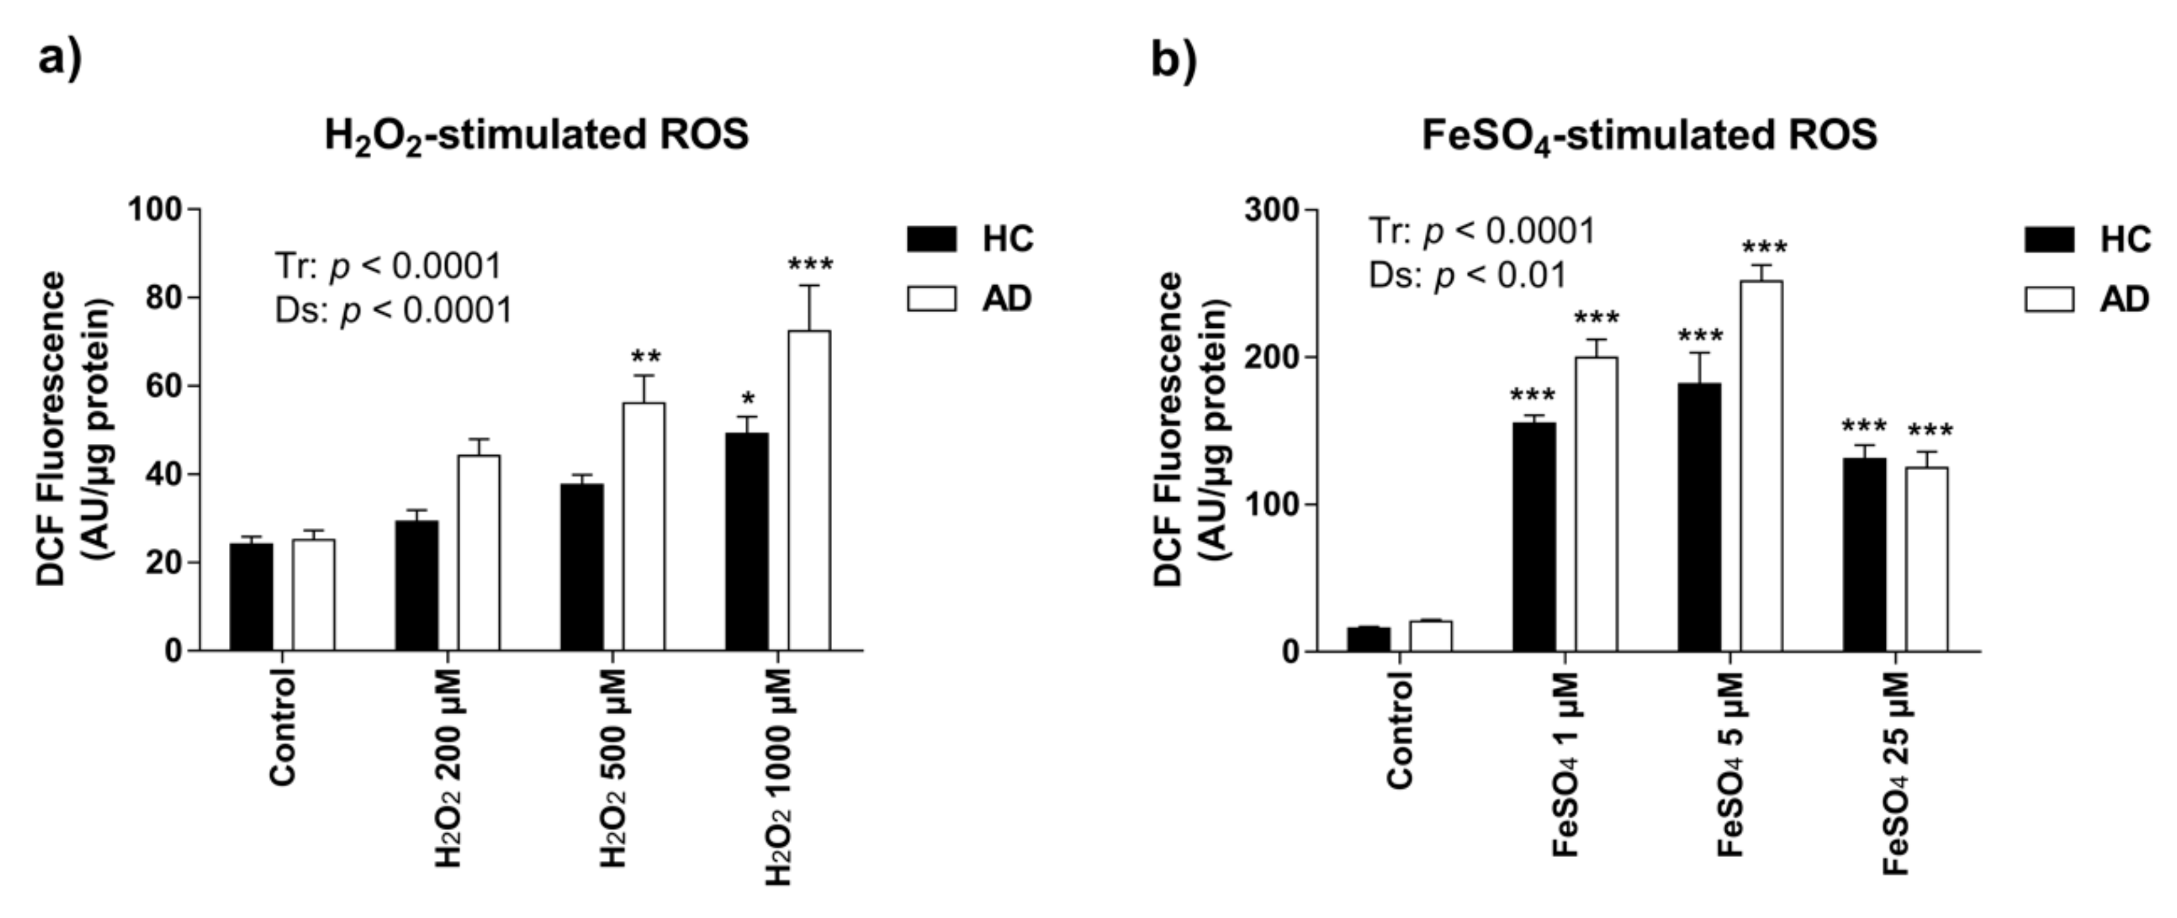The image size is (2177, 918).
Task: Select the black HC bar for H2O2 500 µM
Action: [582, 567]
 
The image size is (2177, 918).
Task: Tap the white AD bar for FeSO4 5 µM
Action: [1761, 466]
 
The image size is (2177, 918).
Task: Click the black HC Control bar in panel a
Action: [251, 596]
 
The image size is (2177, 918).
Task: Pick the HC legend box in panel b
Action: [2048, 239]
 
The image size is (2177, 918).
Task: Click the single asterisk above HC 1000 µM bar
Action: [748, 398]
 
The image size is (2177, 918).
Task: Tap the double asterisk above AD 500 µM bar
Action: [646, 356]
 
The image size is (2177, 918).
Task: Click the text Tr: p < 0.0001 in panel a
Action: [389, 267]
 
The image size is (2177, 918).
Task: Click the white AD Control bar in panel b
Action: [1430, 635]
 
